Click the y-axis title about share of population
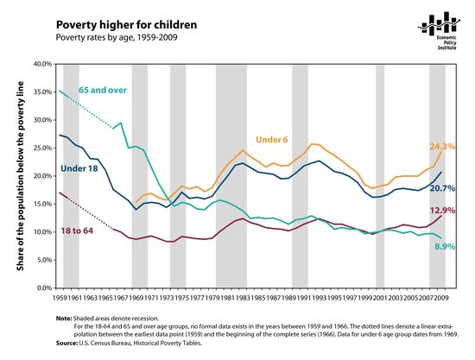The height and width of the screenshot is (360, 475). pos(16,176)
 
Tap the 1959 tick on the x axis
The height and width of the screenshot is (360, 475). pos(59,297)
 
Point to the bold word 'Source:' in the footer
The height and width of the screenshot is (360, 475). pos(67,344)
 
